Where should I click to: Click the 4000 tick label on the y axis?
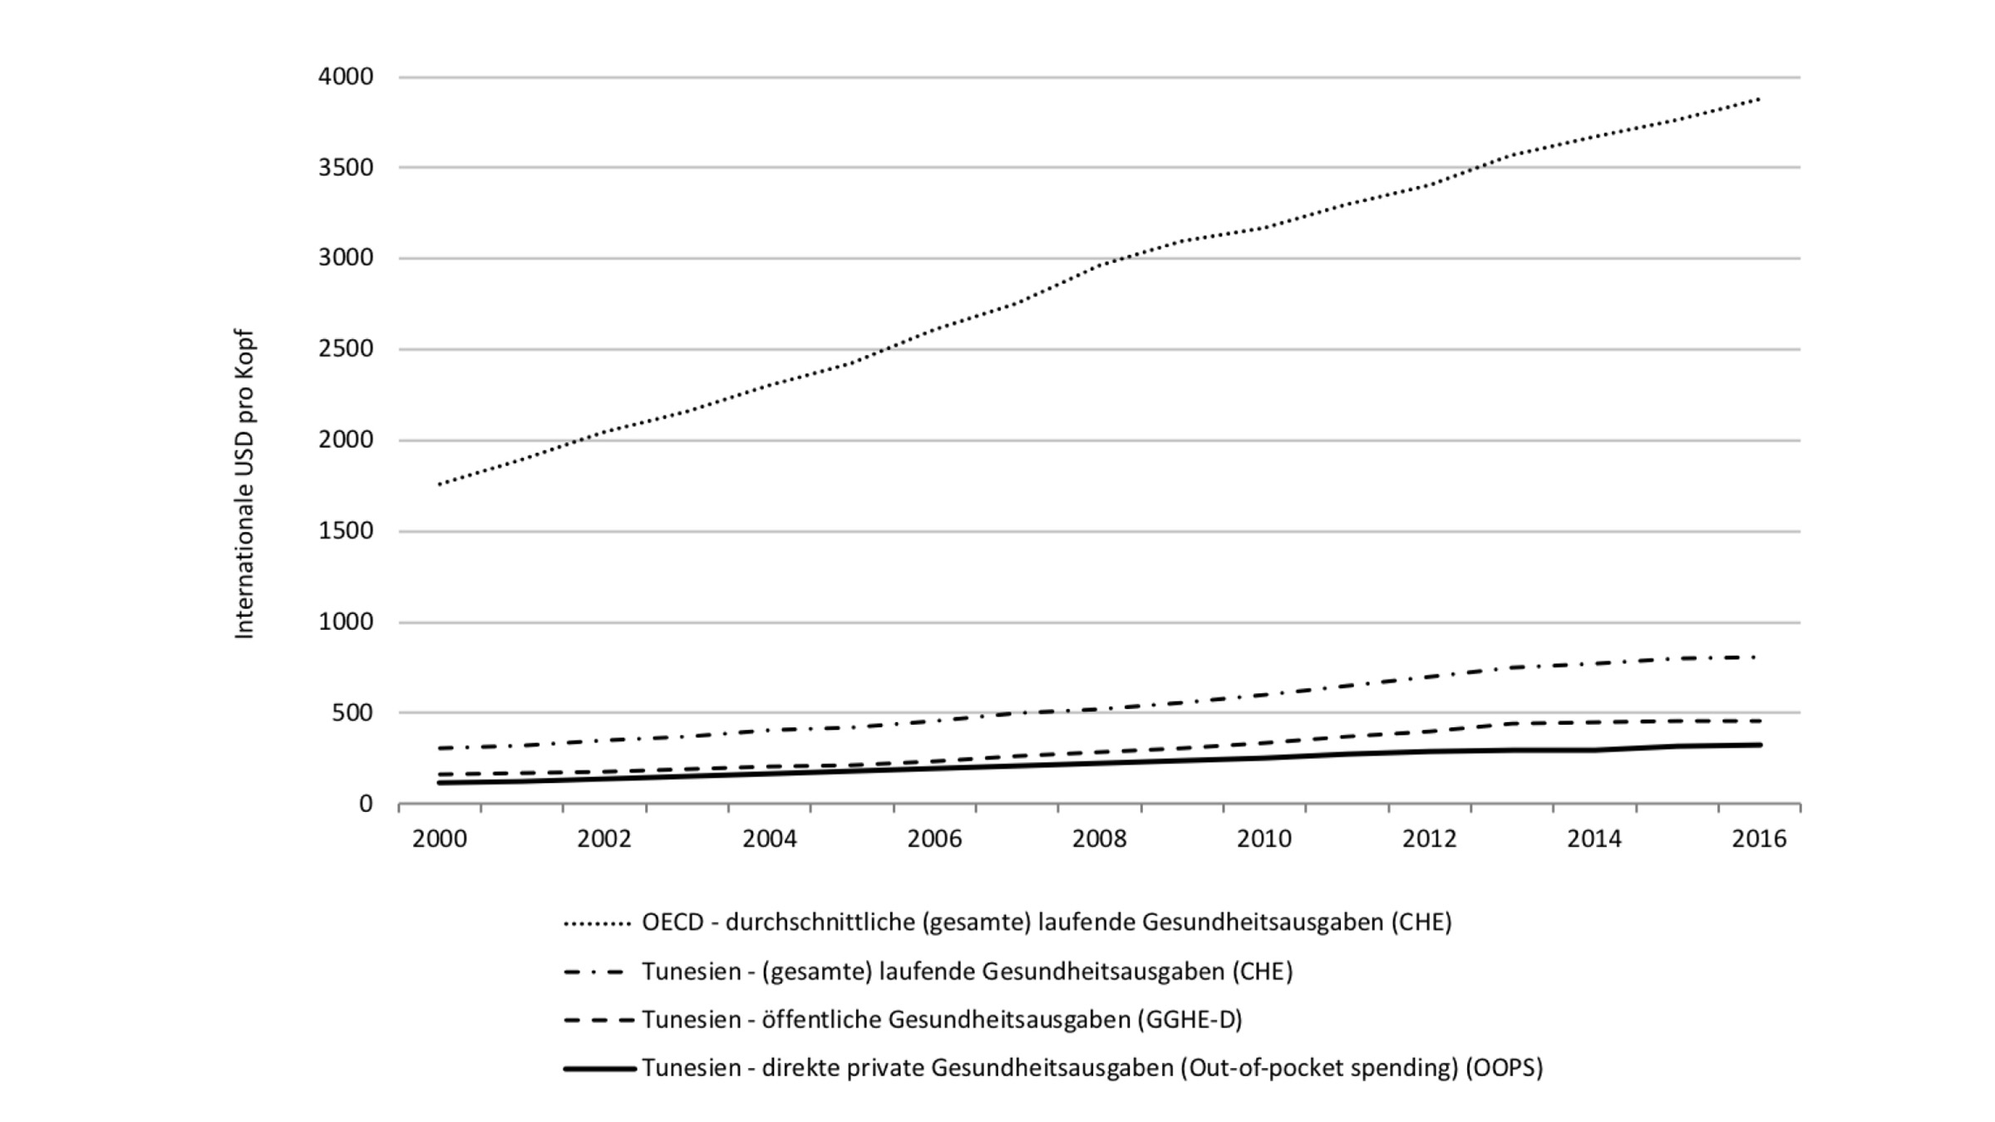346,77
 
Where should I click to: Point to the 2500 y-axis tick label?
346,349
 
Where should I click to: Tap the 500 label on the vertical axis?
352,713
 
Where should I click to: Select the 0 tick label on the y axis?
366,804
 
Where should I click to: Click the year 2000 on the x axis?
440,839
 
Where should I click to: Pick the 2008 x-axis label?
1099,839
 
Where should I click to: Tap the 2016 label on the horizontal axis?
1759,839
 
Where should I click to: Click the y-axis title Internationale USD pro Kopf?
244,485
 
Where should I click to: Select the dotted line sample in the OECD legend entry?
598,923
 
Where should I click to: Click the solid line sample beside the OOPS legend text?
599,1068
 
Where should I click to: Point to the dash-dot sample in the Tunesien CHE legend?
594,972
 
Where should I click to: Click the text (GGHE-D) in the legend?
1190,1020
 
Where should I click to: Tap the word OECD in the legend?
672,923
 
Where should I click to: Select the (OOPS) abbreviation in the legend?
1505,1068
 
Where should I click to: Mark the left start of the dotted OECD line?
440,484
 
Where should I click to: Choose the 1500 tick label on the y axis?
346,531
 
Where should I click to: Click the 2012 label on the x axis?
1429,839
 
